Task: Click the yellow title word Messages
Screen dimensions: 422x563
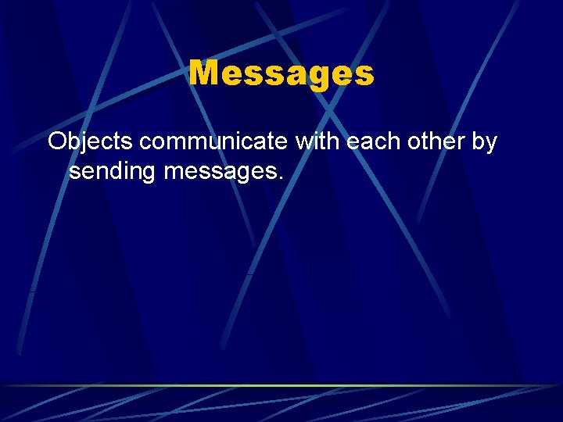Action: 281,74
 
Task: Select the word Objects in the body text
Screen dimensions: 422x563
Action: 89,143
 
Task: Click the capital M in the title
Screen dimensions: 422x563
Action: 205,73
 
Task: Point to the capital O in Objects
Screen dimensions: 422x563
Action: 57,142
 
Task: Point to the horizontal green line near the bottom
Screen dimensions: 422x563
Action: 281,385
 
